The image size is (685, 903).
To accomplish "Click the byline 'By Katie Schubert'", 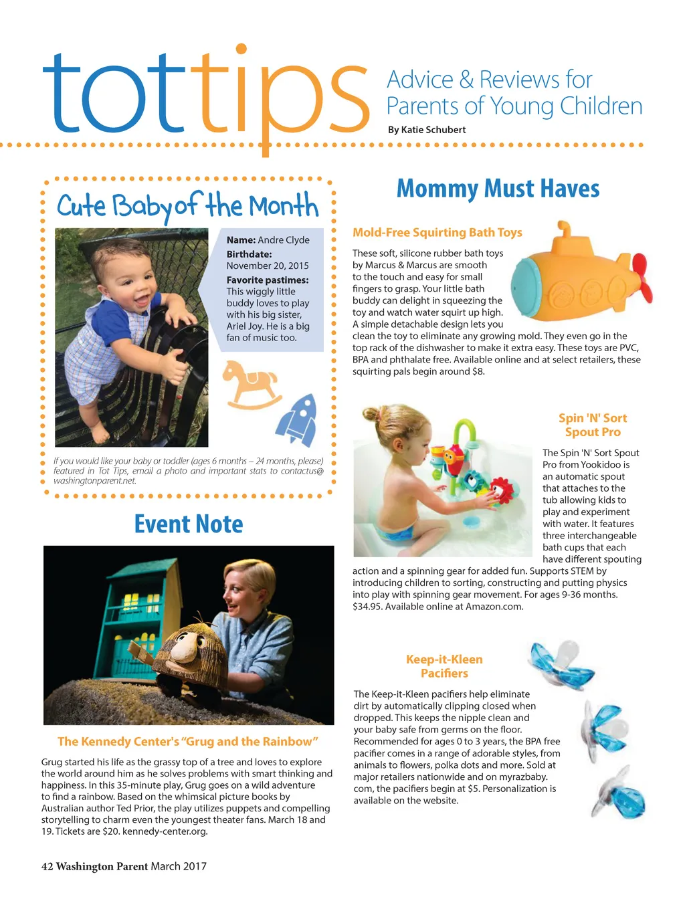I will pos(427,130).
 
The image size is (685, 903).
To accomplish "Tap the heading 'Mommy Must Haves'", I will pos(498,189).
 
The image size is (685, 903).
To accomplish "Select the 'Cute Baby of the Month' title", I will pos(187,205).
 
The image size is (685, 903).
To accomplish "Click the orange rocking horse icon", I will pos(249,385).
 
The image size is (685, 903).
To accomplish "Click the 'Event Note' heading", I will pos(189,524).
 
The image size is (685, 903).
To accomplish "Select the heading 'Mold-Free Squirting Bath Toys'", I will pos(437,232).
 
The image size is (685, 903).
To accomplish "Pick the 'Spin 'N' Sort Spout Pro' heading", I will pos(593,425).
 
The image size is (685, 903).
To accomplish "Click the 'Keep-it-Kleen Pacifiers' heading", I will pos(444,666).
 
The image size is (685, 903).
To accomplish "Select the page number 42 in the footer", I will pos(47,866).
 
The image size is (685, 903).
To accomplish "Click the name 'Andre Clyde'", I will pos(284,240).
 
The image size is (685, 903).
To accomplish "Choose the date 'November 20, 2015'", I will pos(268,266).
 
